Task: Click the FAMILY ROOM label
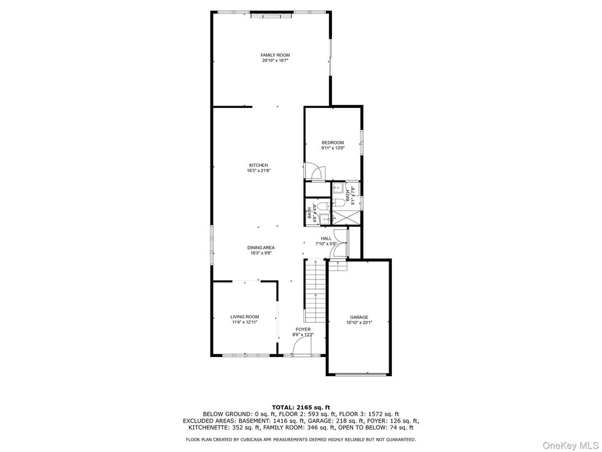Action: click(275, 55)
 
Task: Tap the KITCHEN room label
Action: click(258, 165)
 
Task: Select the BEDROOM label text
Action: click(333, 143)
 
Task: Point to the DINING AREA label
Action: click(261, 248)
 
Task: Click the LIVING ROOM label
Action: click(245, 317)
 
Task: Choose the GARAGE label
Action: click(359, 318)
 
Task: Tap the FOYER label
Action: click(303, 329)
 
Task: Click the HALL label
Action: click(326, 239)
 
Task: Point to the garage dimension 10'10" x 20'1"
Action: click(359, 323)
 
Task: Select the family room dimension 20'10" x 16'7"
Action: click(275, 60)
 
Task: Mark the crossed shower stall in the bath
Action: click(346, 218)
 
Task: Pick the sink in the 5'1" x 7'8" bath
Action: click(338, 188)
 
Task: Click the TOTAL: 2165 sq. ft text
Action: click(301, 408)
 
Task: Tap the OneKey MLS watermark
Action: click(571, 445)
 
